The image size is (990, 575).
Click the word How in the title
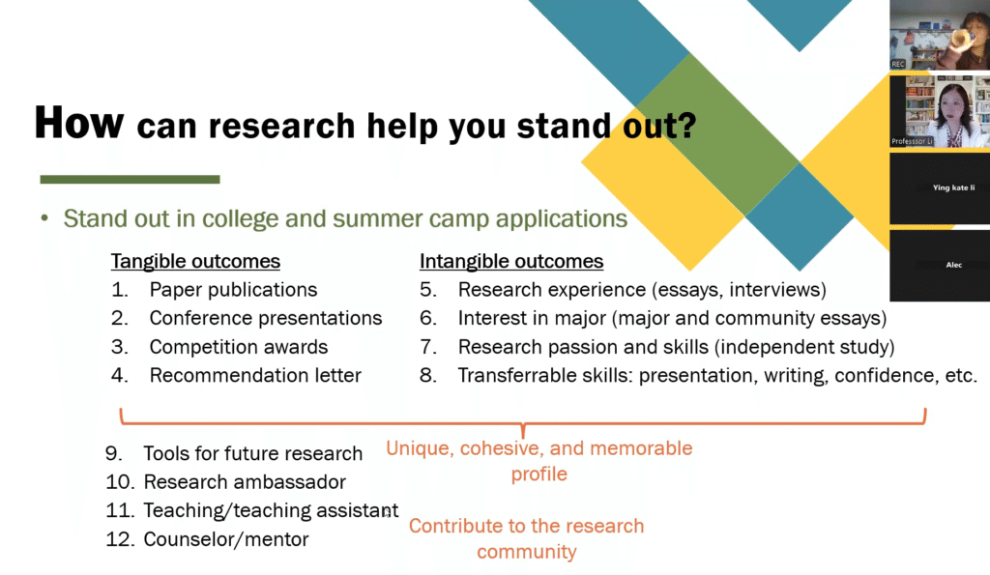[x=79, y=123]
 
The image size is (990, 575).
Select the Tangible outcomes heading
[x=195, y=261]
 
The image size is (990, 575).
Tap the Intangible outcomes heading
[x=511, y=261]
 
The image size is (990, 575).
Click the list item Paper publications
[x=233, y=290]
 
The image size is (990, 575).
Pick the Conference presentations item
[x=266, y=318]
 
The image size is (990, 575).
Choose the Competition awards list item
[x=239, y=347]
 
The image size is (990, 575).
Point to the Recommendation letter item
[x=255, y=376]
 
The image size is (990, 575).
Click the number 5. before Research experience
[x=428, y=290]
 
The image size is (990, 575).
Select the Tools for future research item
[x=252, y=453]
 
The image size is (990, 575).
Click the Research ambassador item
[x=245, y=482]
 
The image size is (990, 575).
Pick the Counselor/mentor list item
[x=226, y=539]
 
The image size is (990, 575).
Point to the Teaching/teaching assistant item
[x=271, y=510]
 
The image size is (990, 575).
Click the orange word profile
[x=539, y=474]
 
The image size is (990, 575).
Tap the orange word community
[x=527, y=552]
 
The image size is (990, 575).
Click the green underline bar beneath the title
[x=131, y=179]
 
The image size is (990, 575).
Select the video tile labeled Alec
[x=940, y=265]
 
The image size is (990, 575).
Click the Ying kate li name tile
[x=940, y=188]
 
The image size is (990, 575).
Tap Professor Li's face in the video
[x=952, y=104]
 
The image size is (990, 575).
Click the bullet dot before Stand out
[x=44, y=219]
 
